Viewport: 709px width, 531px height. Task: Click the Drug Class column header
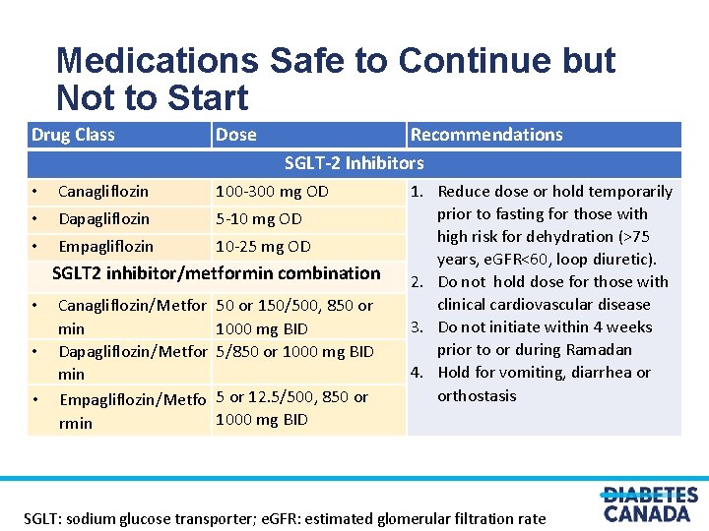click(73, 135)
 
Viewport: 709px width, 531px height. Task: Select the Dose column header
click(235, 135)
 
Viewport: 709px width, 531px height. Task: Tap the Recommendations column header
click(486, 135)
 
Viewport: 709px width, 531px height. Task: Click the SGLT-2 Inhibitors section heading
click(354, 163)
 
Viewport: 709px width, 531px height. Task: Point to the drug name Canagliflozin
click(103, 192)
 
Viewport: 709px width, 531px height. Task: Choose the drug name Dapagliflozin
click(103, 219)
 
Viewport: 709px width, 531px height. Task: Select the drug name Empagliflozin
click(105, 247)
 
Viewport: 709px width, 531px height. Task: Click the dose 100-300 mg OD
click(272, 192)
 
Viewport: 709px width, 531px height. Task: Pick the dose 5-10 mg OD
click(258, 219)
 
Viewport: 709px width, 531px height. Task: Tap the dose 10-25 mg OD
click(263, 247)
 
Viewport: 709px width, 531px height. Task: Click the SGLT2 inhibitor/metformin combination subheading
click(216, 273)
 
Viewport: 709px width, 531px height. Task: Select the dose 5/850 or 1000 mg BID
click(294, 351)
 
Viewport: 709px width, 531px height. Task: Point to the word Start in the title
click(208, 98)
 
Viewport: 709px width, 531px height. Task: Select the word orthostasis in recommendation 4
click(477, 395)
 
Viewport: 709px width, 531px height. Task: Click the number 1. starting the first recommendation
click(418, 192)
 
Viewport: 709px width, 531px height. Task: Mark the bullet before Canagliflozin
click(33, 192)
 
